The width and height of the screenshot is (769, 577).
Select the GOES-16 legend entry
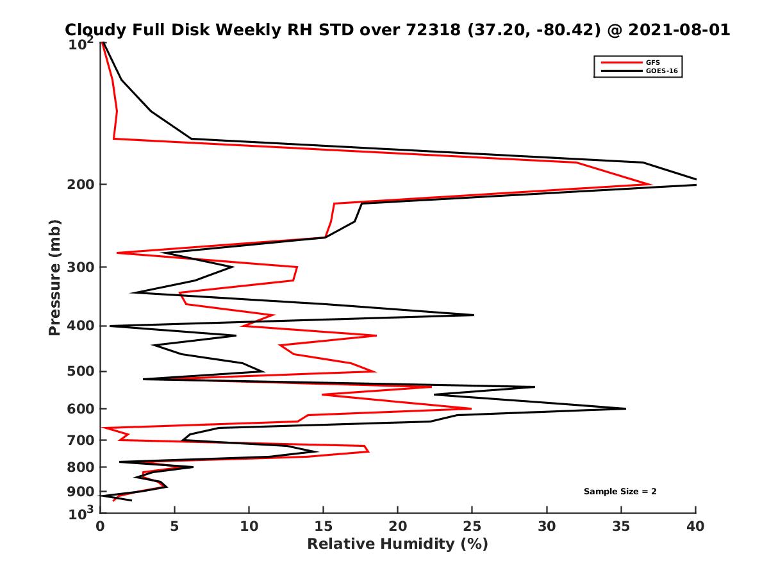(659, 71)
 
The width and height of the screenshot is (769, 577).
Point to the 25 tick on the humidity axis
(472, 526)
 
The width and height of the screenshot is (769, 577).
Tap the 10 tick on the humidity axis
(249, 526)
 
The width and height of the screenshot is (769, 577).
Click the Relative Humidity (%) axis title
(397, 544)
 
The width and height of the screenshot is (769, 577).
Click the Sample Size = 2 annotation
(620, 492)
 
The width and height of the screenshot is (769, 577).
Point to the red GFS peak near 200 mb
(651, 185)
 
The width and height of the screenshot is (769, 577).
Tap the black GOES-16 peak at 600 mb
(625, 408)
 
